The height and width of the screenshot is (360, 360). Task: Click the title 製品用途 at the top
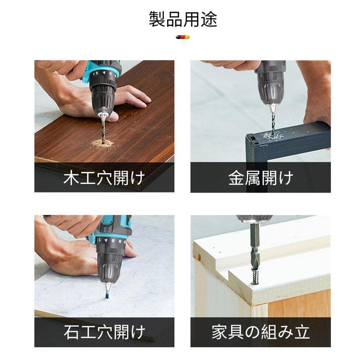tap(183, 19)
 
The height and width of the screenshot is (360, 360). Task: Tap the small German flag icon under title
tap(182, 37)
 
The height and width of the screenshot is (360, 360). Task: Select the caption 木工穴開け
tap(104, 178)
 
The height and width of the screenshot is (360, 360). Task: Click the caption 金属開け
tap(260, 178)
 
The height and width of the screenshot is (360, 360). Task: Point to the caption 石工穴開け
tap(104, 332)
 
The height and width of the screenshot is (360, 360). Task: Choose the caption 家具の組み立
tap(260, 332)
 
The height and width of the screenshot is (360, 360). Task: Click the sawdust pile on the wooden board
tap(102, 143)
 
